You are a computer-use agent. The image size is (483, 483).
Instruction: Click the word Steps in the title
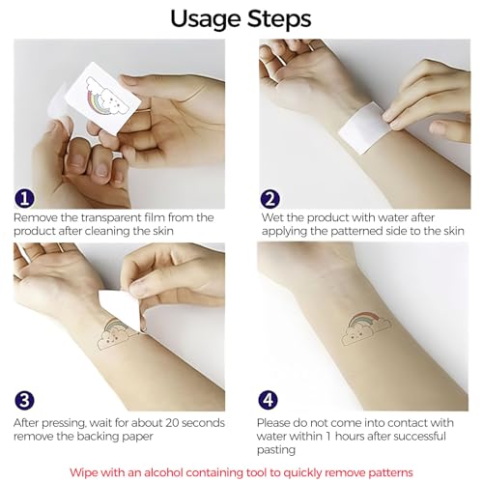(279, 18)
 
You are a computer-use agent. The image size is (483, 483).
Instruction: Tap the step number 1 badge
(24, 199)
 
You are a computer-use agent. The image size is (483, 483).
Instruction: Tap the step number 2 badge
(270, 199)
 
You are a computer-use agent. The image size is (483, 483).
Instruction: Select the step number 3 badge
(24, 400)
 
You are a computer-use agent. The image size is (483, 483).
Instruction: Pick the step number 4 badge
(268, 400)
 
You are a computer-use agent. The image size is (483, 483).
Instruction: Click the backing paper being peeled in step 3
(120, 307)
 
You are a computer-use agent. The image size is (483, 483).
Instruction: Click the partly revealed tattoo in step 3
(113, 335)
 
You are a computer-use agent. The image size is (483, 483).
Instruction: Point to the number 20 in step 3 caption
(172, 423)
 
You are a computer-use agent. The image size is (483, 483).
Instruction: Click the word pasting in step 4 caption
(276, 450)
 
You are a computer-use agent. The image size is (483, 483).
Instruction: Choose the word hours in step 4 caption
(350, 437)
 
